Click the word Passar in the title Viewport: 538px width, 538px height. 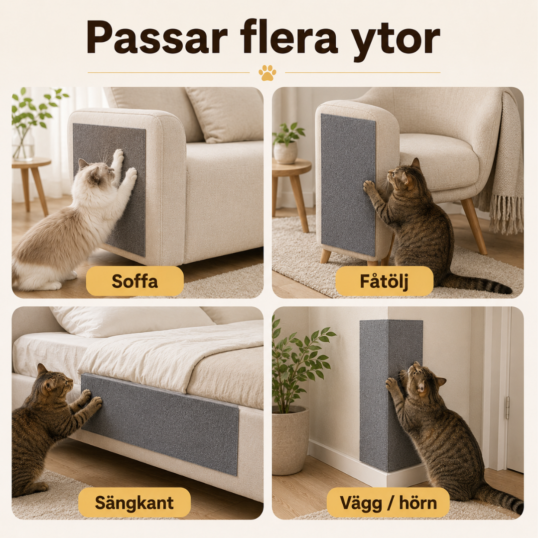click(157, 37)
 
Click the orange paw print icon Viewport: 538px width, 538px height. click(268, 73)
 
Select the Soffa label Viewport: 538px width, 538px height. click(135, 281)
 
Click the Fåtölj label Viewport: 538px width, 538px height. click(384, 281)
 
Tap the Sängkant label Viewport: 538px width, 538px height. click(134, 503)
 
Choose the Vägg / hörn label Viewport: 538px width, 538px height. click(388, 503)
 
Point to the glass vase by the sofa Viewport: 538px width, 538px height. click(23, 144)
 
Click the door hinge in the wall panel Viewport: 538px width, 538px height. click(507, 407)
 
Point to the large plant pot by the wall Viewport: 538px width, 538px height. click(290, 440)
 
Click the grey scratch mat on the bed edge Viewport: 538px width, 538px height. click(160, 424)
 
